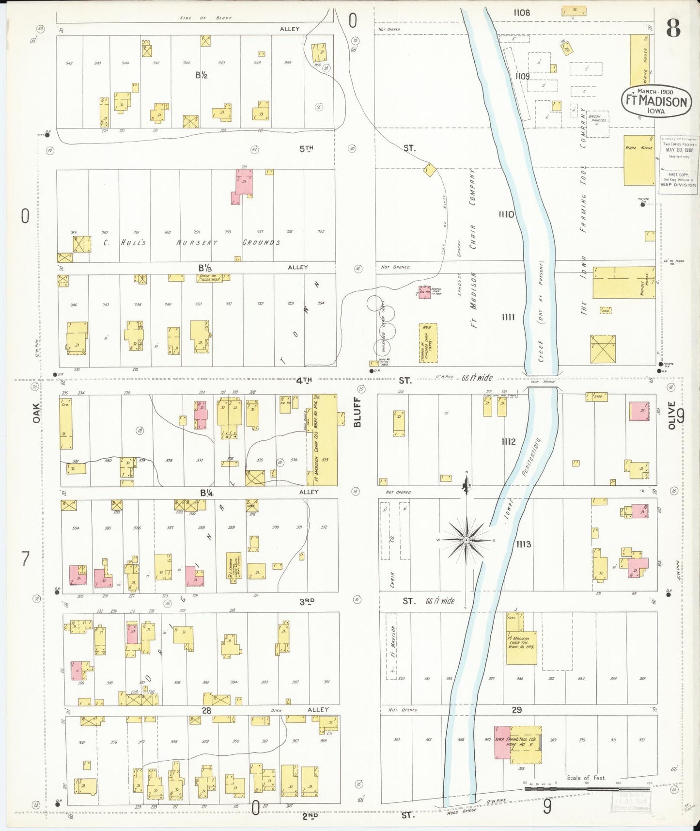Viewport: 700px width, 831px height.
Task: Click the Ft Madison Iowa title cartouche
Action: coord(656,101)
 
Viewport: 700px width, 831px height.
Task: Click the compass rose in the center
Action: coord(466,540)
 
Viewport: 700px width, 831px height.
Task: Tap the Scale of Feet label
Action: coord(586,778)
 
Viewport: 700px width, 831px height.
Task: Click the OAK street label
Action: coord(36,413)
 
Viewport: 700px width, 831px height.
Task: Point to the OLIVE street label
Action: coord(671,415)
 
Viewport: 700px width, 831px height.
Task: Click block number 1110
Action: coord(507,214)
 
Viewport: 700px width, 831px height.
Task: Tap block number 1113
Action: coord(523,544)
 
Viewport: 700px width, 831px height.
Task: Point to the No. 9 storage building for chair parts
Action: coord(428,343)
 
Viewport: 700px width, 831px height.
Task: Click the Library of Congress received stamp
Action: coord(678,165)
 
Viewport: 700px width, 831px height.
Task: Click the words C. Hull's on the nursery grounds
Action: coord(124,242)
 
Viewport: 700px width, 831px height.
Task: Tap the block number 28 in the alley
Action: coord(206,710)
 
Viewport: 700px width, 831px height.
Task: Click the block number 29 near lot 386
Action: coord(516,710)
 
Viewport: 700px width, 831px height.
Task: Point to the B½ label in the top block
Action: coord(202,75)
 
